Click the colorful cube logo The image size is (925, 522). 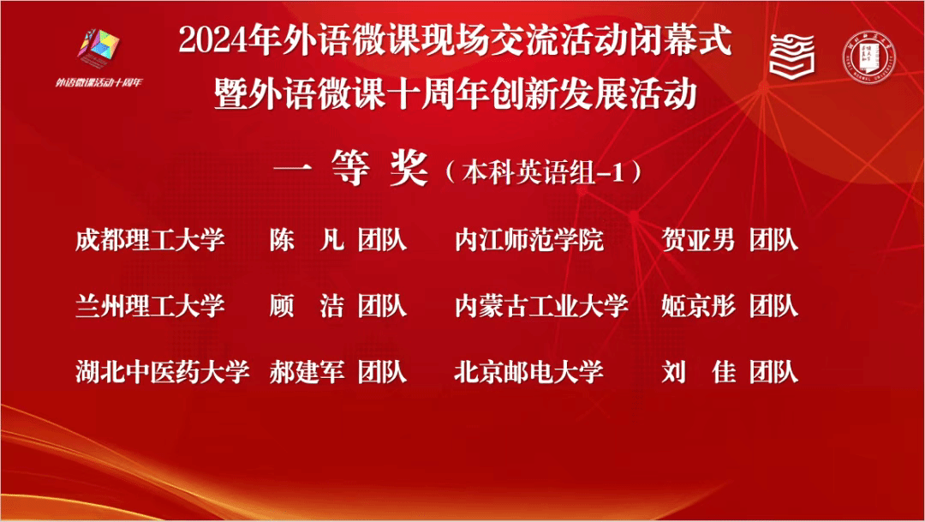98,48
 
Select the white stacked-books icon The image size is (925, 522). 792,56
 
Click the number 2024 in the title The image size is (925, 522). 212,41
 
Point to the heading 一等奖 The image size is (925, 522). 351,168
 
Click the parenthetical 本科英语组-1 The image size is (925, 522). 543,172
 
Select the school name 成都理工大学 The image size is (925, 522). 150,240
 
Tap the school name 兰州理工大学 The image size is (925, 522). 150,307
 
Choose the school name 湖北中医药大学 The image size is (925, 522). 162,372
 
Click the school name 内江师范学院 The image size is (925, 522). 529,240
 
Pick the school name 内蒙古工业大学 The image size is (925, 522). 541,307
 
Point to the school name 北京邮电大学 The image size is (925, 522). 529,372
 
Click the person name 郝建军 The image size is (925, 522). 307,372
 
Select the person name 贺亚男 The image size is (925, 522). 699,240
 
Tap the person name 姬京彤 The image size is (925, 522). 699,307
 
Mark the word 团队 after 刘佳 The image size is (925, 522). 774,372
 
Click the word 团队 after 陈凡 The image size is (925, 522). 382,240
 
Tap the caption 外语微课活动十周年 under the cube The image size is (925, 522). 99,82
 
